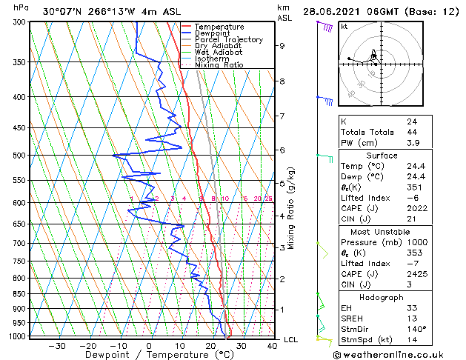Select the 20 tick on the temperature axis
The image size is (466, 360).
pos(210,345)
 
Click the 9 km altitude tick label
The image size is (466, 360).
pos(282,46)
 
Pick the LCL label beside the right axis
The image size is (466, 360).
pos(291,339)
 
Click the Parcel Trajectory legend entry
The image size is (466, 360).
pos(228,40)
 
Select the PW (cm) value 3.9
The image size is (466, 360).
pos(412,142)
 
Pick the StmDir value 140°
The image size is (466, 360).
pos(416,329)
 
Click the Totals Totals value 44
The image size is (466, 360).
pos(412,132)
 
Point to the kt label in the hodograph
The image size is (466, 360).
pos(344,27)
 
